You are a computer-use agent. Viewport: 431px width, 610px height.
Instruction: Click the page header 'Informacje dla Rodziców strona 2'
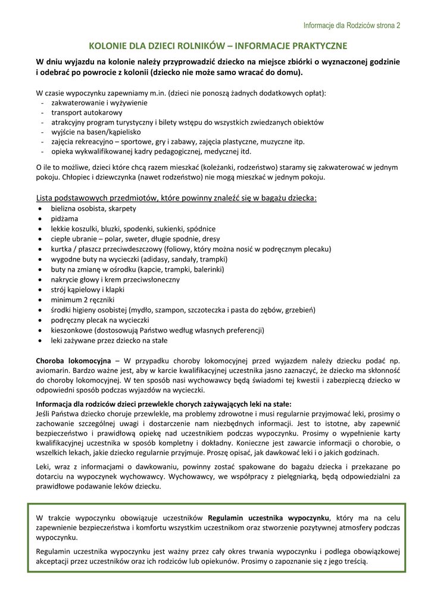click(x=351, y=26)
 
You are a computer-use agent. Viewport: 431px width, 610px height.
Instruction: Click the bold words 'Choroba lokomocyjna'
click(x=73, y=361)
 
